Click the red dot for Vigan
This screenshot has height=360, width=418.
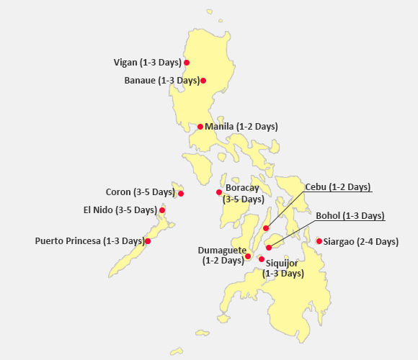pos(187,63)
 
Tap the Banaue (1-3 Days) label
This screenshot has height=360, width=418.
pos(162,80)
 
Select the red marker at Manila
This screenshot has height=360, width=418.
pos(200,127)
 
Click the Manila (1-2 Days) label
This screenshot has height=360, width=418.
pos(241,126)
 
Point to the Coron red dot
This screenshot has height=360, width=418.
pos(181,194)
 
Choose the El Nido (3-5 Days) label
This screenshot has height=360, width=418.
pos(120,210)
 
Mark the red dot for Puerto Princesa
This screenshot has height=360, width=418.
pos(148,241)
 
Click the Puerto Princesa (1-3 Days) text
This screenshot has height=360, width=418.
pos(89,240)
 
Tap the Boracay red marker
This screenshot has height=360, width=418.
pos(219,192)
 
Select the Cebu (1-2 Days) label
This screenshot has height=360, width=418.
pos(338,186)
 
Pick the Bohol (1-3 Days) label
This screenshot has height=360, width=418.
pos(350,215)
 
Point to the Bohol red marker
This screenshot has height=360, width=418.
pos(269,248)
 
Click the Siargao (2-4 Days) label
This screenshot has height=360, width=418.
pos(361,241)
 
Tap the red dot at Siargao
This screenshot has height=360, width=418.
pos(319,241)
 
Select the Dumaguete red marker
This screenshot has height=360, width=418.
pos(247,256)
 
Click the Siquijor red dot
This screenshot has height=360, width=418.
pos(262,258)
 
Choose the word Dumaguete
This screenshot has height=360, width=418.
pos(221,251)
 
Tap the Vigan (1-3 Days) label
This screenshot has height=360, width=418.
pos(148,62)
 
